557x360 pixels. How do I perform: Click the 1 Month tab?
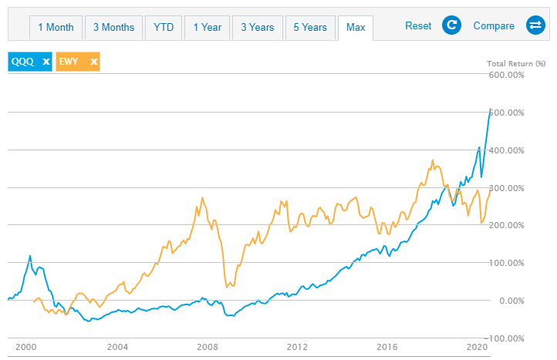pyautogui.click(x=56, y=27)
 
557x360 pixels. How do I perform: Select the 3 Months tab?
pyautogui.click(x=113, y=27)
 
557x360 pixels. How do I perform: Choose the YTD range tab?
pyautogui.click(x=164, y=27)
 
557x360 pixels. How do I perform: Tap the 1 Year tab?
pyautogui.click(x=208, y=27)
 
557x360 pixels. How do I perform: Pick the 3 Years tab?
pyautogui.click(x=258, y=27)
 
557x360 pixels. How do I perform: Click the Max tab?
pyautogui.click(x=356, y=27)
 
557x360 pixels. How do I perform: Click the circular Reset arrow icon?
pyautogui.click(x=451, y=26)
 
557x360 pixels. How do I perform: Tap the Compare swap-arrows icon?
pyautogui.click(x=535, y=26)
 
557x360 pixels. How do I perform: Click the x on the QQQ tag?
pyautogui.click(x=46, y=62)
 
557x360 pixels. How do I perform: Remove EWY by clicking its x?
pyautogui.click(x=93, y=62)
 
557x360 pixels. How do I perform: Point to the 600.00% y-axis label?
pyautogui.click(x=506, y=75)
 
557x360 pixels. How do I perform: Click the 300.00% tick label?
pyautogui.click(x=506, y=188)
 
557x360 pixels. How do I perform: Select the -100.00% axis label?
pyautogui.click(x=505, y=338)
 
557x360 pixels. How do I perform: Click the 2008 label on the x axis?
pyautogui.click(x=208, y=347)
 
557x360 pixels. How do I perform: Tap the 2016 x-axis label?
pyautogui.click(x=388, y=347)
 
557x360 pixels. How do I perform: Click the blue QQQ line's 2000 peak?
pyautogui.click(x=30, y=255)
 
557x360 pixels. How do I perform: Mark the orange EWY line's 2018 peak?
pyautogui.click(x=432, y=160)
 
